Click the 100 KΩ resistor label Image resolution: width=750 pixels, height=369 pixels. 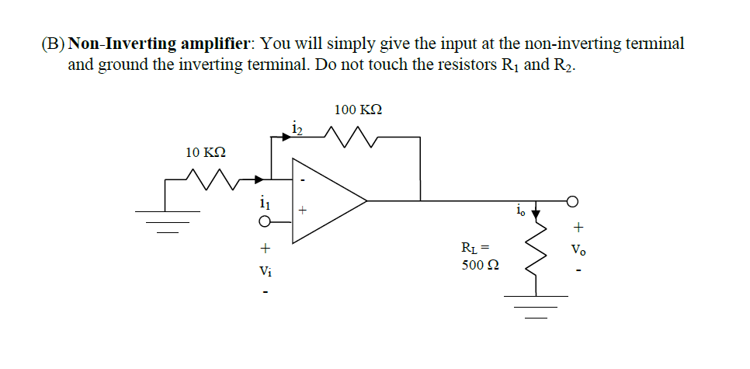(x=358, y=110)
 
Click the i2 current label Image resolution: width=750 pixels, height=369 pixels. (x=296, y=127)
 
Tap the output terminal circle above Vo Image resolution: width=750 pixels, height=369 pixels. (x=573, y=200)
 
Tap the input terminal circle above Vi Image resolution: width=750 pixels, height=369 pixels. (x=265, y=223)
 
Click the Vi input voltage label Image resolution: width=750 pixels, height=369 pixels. (x=265, y=271)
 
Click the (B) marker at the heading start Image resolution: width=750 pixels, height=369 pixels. (x=52, y=44)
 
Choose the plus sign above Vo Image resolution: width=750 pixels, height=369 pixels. (x=575, y=228)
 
